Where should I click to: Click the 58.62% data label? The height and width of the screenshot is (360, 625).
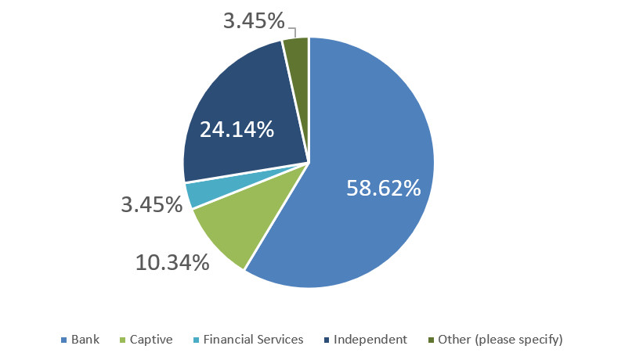[383, 187]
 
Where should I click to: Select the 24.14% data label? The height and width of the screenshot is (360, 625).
[236, 128]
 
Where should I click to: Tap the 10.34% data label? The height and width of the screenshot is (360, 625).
[172, 261]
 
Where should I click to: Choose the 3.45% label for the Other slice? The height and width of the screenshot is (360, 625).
[254, 21]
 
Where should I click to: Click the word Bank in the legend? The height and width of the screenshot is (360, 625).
[85, 340]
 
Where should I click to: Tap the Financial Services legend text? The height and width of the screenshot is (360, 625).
[253, 340]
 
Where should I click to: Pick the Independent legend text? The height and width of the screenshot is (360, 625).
[370, 340]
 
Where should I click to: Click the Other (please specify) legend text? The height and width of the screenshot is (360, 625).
[500, 340]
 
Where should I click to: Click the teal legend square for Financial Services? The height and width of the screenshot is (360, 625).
[196, 340]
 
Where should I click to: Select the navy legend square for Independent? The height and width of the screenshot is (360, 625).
[326, 340]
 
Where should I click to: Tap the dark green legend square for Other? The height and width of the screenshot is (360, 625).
[431, 340]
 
